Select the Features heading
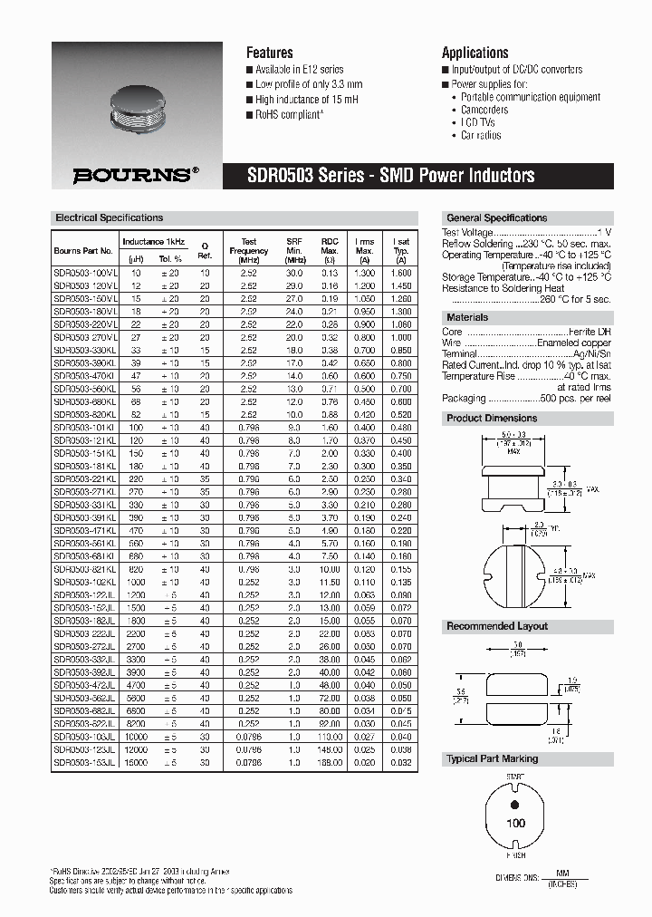click(270, 53)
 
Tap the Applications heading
click(475, 53)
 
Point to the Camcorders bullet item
click(484, 110)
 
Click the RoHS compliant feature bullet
click(288, 115)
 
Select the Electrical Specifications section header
click(110, 217)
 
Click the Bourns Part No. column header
click(83, 251)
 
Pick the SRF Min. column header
click(294, 251)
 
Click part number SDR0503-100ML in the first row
click(85, 273)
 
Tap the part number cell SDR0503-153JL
click(85, 763)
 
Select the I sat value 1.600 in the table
click(400, 273)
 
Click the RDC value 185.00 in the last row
click(330, 763)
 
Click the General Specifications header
click(497, 218)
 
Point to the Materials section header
click(467, 318)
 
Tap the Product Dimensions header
click(492, 419)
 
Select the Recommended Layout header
click(497, 627)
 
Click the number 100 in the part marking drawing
click(515, 824)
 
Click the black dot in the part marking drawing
click(515, 804)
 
